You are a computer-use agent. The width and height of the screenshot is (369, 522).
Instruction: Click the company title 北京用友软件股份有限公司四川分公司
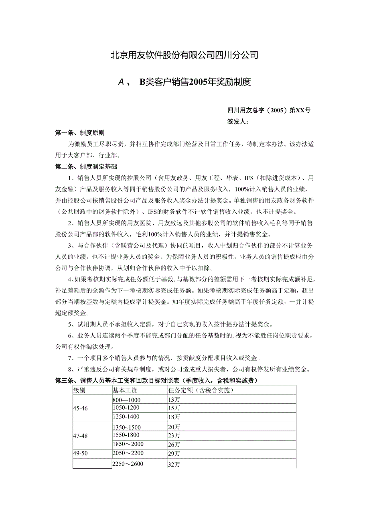(x=184, y=55)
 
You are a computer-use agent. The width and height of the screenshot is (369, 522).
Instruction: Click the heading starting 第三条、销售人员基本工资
(x=156, y=380)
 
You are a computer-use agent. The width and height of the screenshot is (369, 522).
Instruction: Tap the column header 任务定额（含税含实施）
(x=201, y=390)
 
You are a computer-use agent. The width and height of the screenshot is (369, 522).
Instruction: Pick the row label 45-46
(x=80, y=408)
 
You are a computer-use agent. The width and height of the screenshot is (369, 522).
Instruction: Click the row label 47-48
(x=80, y=435)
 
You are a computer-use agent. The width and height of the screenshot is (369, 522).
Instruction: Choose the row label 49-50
(x=80, y=453)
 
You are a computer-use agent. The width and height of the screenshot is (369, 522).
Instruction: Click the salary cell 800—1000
(x=126, y=400)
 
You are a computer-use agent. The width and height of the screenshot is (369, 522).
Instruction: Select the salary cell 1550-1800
(x=126, y=435)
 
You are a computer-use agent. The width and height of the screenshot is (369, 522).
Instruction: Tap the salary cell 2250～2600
(x=128, y=464)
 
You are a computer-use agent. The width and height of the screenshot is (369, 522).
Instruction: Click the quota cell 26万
(x=174, y=445)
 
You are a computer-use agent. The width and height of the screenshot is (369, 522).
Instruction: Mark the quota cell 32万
(x=174, y=465)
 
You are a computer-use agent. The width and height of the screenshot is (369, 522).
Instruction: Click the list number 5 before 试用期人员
(x=70, y=324)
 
